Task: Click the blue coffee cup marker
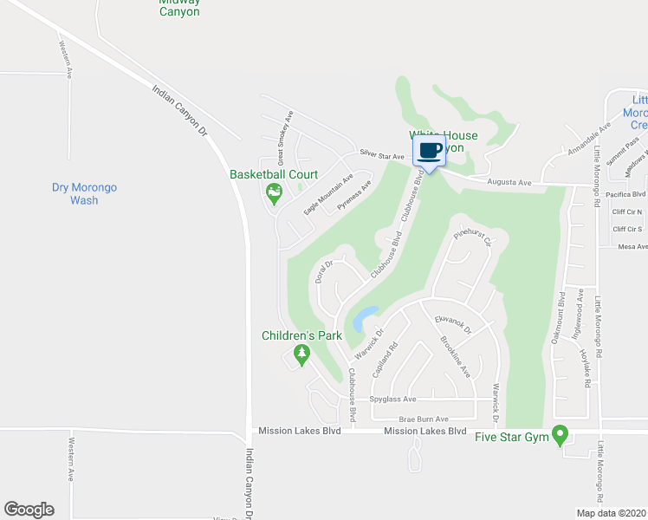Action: point(431,151)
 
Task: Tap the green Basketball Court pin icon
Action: point(274,193)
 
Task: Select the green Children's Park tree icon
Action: point(301,354)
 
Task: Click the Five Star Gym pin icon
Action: point(561,434)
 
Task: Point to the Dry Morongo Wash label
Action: point(84,193)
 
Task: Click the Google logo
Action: point(29,509)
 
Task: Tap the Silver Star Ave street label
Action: point(382,157)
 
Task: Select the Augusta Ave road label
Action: point(509,183)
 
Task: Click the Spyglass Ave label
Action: point(393,400)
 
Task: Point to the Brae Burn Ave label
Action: point(418,419)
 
